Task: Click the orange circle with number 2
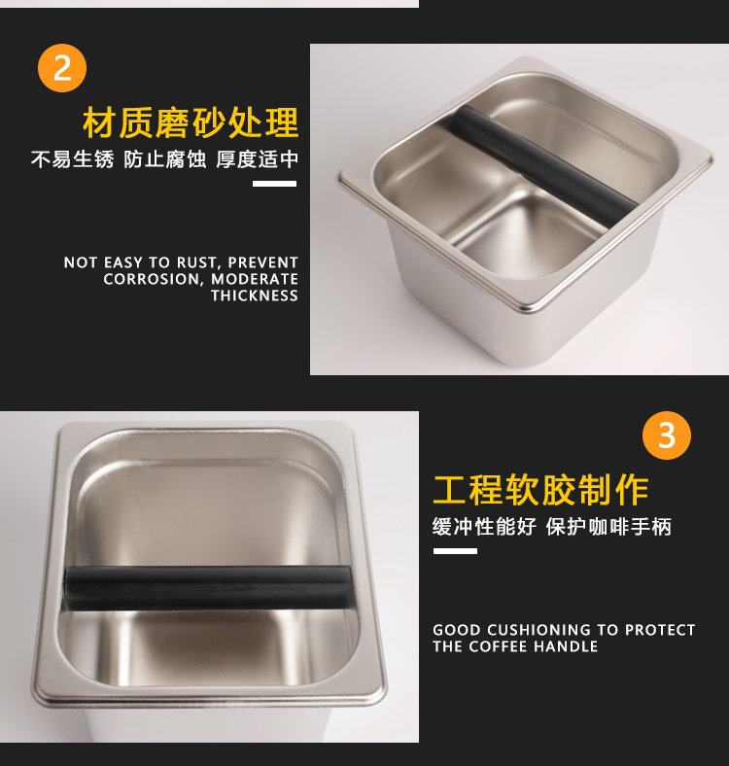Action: click(62, 68)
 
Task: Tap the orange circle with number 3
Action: click(667, 435)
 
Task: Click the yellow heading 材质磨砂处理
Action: click(191, 122)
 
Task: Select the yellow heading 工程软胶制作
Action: click(540, 490)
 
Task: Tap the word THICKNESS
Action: click(255, 296)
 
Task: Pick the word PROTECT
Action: click(660, 630)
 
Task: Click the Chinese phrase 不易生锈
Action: click(72, 159)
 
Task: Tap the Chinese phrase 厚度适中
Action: click(257, 159)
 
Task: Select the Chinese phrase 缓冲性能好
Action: click(484, 527)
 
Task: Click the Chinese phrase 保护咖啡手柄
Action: click(608, 527)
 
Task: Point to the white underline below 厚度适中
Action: click(275, 184)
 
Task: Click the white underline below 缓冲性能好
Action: click(455, 551)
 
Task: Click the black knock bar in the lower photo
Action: click(209, 588)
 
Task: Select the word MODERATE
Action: click(255, 279)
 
